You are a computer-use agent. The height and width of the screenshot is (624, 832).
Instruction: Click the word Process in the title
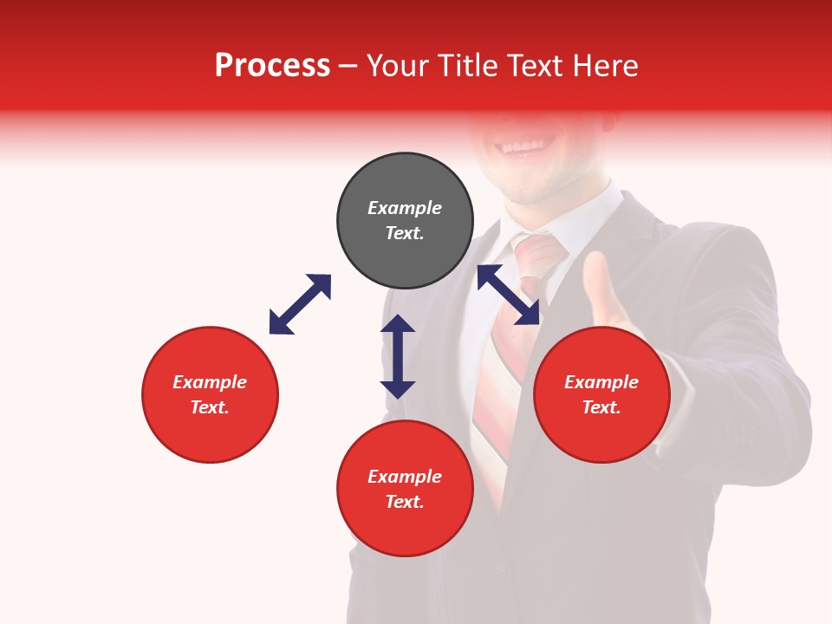click(x=272, y=66)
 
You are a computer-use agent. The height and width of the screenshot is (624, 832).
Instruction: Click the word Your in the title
click(x=398, y=66)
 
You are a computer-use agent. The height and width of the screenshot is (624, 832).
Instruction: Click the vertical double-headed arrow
click(x=398, y=356)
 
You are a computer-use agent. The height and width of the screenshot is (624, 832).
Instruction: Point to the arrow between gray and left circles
click(x=300, y=304)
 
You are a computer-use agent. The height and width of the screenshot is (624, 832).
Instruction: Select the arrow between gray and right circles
click(x=508, y=295)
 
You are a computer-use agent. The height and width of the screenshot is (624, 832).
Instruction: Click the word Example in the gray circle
click(x=405, y=208)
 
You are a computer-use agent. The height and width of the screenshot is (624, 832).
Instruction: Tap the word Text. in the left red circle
click(x=210, y=407)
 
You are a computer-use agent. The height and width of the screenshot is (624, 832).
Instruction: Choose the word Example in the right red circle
click(x=601, y=382)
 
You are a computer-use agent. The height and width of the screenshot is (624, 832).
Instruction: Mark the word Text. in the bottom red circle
click(x=405, y=502)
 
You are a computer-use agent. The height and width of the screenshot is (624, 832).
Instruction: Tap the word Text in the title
click(x=535, y=66)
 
